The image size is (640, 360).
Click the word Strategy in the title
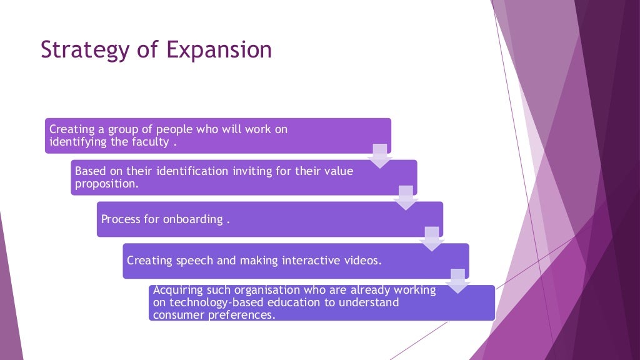click(x=79, y=50)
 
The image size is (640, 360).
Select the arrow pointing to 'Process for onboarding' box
click(x=406, y=197)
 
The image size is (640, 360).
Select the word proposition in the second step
click(x=106, y=184)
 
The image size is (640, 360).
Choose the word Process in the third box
click(x=121, y=219)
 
